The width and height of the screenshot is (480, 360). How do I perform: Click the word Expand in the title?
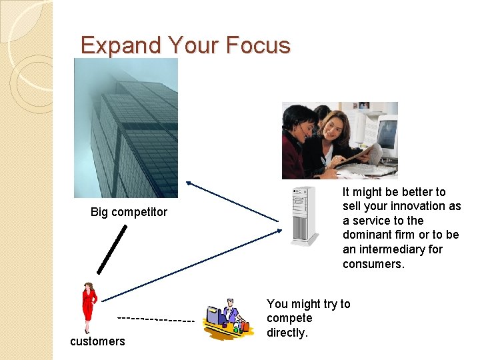[x=121, y=45]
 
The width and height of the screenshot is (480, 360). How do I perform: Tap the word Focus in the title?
[x=258, y=45]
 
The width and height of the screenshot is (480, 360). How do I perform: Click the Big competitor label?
[x=129, y=212]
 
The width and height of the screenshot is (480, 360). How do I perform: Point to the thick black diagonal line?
[x=112, y=249]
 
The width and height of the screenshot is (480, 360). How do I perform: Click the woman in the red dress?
[x=88, y=307]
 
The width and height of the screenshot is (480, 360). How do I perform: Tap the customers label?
[x=97, y=341]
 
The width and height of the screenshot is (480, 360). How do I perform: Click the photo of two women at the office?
[x=339, y=141]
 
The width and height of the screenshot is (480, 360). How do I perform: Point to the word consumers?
[x=373, y=264]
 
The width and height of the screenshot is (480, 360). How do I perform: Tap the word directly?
[x=287, y=333]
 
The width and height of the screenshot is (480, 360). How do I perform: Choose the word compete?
[x=289, y=318]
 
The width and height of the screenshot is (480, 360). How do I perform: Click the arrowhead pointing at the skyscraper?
[x=189, y=182]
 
